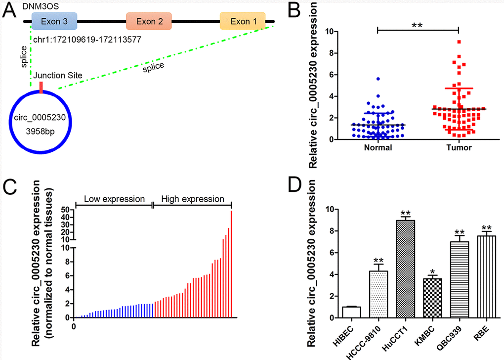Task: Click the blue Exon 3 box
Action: (53, 21)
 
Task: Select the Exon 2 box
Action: (149, 21)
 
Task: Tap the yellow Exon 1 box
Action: (243, 21)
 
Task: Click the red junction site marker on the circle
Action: (41, 88)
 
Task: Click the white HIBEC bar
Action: (351, 313)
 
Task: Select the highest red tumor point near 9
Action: (459, 42)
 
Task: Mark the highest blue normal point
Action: (378, 79)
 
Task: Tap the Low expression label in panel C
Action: (114, 199)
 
